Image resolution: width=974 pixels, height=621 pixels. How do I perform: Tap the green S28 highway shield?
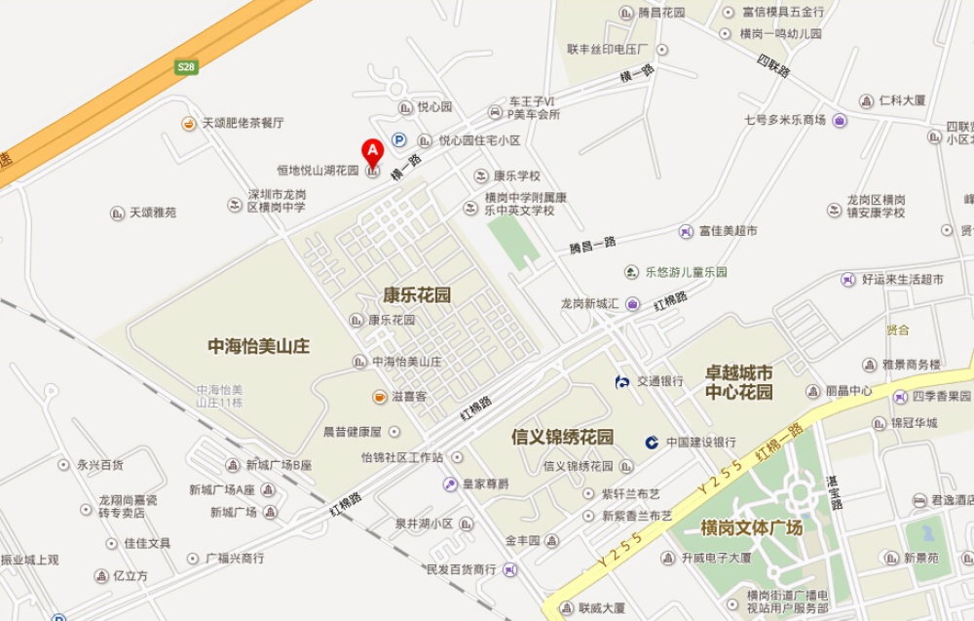coord(186,67)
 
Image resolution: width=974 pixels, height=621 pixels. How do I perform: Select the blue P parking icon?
coord(398,139)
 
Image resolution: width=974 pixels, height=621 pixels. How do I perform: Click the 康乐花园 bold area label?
coord(417,295)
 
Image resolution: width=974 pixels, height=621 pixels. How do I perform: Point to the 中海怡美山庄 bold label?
coord(259,345)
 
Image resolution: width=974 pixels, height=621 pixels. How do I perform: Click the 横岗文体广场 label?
coord(751,527)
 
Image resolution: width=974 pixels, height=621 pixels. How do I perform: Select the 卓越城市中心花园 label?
coord(738,382)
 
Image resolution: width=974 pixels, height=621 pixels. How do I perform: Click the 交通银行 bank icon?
coord(622,381)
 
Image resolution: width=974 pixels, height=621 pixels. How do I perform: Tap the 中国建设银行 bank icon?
coord(652,442)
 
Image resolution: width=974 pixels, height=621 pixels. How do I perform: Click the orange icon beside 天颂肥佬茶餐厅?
coord(187,123)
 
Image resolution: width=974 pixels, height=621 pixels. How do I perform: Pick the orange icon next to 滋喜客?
coord(378,396)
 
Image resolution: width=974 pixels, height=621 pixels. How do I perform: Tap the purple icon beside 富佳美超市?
coord(686,231)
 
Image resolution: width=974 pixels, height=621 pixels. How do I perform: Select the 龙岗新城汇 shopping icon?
coord(633,303)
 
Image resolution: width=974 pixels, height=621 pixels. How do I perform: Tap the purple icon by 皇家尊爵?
coord(450,484)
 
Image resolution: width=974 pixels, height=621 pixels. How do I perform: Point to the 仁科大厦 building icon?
coord(865,100)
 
